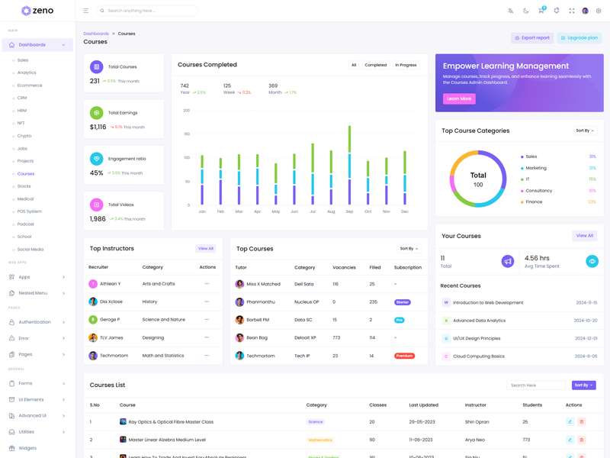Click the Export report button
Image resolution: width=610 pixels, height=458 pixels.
coord(532,37)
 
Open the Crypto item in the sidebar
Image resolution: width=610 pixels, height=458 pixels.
coord(24,136)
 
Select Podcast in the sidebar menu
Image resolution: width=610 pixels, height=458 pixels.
coord(26,224)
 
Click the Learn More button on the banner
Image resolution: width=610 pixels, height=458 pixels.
coord(459,98)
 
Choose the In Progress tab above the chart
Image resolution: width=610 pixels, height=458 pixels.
coord(406,65)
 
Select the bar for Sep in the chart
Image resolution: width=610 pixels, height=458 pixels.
coord(349,165)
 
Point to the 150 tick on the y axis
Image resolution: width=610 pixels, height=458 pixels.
coord(187,134)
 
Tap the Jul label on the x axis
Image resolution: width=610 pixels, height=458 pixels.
coord(313,211)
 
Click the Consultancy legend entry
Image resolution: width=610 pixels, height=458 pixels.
coord(538,191)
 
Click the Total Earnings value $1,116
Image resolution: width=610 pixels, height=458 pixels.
coord(98,127)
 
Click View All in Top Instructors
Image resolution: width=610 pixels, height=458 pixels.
coord(206,248)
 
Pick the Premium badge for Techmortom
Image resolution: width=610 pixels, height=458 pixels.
coord(404,356)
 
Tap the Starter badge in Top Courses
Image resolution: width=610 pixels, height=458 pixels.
coord(402,302)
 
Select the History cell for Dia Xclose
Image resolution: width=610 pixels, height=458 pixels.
coord(150,302)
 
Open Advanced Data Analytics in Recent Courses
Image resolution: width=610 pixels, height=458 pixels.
coord(479,321)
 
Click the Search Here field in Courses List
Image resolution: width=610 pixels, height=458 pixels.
coord(536,385)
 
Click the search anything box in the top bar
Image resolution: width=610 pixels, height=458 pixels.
coord(149,11)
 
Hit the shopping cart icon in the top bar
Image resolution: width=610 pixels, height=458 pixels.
coord(541,11)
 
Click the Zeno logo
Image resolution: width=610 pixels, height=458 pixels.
coord(37,11)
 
